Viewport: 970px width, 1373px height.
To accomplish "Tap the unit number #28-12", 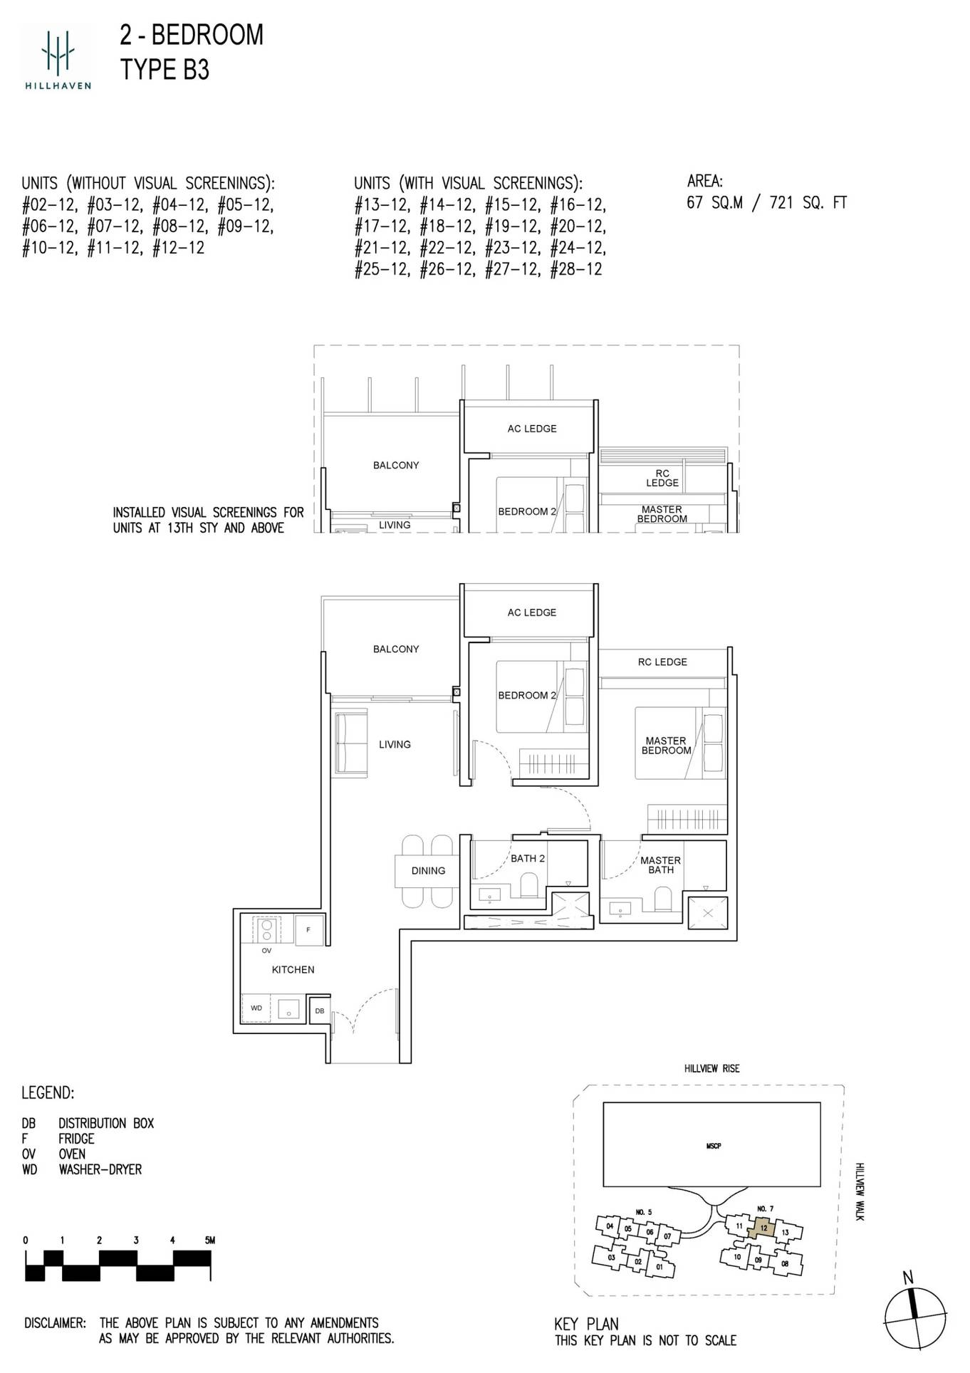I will (x=576, y=270).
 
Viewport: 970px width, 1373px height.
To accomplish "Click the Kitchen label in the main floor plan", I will (x=293, y=970).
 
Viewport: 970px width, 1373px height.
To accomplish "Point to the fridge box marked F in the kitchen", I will (x=308, y=930).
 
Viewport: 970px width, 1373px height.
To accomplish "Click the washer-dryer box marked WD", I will (x=256, y=1008).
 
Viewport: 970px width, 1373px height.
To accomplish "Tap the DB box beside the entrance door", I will (x=320, y=1011).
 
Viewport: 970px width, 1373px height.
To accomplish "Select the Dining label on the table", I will (x=428, y=871).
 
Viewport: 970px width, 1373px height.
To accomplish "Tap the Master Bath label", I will (x=660, y=865).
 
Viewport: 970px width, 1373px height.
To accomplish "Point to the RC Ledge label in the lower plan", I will (x=662, y=662).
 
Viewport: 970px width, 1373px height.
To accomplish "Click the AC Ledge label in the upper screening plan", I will (x=532, y=429).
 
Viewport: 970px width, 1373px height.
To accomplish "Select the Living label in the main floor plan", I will (x=395, y=745).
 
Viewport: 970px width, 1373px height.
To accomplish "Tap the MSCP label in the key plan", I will (x=713, y=1147).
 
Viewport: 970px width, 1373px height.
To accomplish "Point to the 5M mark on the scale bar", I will (x=209, y=1240).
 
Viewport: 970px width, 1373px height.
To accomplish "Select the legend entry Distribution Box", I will (x=106, y=1124).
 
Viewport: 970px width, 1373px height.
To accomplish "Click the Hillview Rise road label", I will (x=711, y=1069).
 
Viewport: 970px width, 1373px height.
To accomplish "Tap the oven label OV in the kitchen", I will (x=266, y=951).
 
